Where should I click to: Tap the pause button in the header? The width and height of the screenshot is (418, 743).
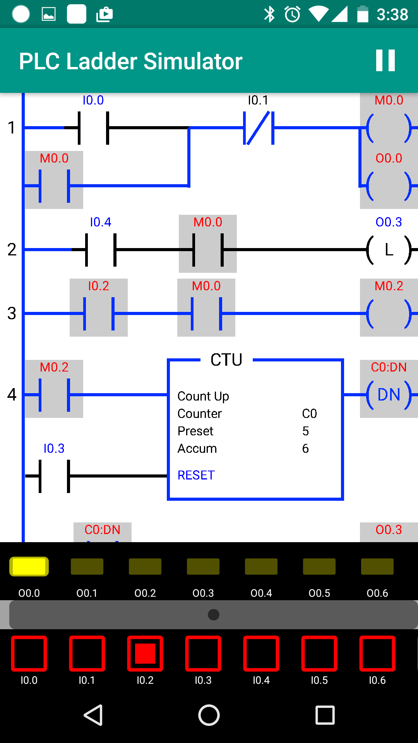click(385, 60)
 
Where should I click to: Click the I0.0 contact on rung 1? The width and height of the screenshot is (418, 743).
click(93, 128)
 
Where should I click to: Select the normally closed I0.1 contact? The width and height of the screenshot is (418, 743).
click(259, 128)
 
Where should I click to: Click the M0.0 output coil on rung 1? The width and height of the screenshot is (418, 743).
click(389, 128)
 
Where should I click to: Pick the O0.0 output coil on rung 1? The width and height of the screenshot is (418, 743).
click(389, 186)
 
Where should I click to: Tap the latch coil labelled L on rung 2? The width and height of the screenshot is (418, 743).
click(389, 250)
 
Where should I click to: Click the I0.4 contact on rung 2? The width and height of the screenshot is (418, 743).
click(101, 250)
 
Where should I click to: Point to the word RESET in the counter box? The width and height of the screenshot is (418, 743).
click(196, 475)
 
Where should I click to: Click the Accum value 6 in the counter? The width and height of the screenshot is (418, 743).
click(305, 449)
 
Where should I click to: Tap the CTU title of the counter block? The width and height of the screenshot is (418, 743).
click(226, 360)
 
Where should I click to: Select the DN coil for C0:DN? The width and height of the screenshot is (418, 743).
click(389, 395)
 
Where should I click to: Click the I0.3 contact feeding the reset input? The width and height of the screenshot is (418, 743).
click(54, 476)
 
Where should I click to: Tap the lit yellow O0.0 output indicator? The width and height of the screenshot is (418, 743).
click(29, 567)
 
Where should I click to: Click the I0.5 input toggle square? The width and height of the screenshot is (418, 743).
click(319, 654)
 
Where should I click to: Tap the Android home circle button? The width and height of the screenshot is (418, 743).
click(209, 715)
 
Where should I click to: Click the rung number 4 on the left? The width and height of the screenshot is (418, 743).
click(12, 395)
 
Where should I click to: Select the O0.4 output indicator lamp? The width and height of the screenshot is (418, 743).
click(261, 567)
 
